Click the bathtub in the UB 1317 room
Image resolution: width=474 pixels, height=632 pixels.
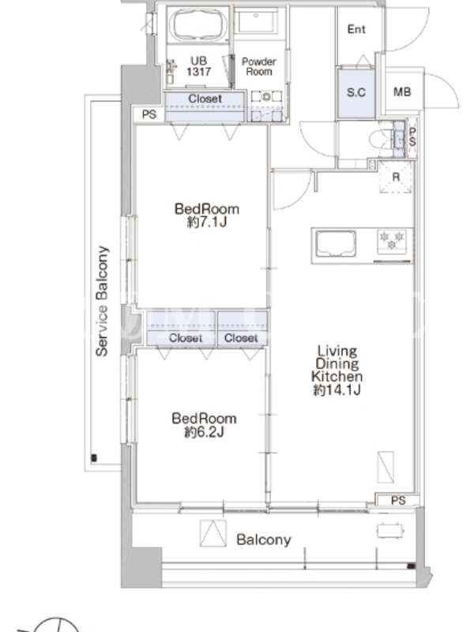click(198, 24)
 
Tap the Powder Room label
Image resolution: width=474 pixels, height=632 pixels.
click(259, 66)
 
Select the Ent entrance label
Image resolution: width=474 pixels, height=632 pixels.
click(356, 29)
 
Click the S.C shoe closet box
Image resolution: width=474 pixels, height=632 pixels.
click(356, 93)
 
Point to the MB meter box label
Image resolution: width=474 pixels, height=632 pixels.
click(402, 92)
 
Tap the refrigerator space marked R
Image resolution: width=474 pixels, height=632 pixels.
click(396, 177)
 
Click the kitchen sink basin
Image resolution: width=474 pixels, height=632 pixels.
click(335, 243)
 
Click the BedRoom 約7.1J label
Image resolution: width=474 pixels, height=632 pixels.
click(207, 215)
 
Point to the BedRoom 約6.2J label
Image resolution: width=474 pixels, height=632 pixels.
click(204, 425)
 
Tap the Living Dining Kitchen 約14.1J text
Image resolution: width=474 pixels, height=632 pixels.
click(337, 371)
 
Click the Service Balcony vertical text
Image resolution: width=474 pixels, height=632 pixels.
click(102, 301)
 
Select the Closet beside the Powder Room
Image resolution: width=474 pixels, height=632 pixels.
click(205, 107)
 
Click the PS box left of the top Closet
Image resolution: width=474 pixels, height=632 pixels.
click(149, 115)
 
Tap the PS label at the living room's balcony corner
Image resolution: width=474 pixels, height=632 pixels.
click(398, 501)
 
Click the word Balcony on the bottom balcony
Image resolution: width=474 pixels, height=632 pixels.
click(264, 540)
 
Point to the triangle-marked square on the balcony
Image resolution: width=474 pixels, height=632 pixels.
click(213, 532)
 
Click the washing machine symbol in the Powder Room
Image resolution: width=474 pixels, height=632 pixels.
click(266, 96)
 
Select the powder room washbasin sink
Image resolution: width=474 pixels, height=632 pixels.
click(255, 21)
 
